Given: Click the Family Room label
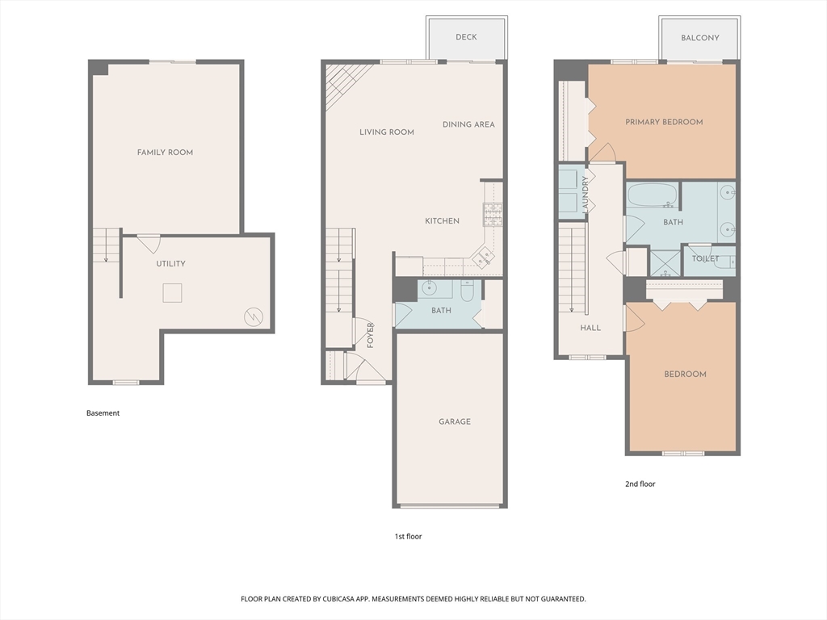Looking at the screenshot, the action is (165, 153).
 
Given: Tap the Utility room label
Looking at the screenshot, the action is (170, 264).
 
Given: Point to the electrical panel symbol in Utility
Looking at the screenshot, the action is (253, 316).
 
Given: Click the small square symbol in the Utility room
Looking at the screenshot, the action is (172, 292).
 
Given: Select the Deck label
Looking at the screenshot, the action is (466, 37).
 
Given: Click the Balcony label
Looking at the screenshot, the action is (700, 38).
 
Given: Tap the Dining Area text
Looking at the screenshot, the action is (468, 124).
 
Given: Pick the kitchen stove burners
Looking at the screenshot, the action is (493, 215).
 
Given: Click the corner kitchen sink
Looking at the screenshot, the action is (484, 258).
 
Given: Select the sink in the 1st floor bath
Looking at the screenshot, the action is (429, 289).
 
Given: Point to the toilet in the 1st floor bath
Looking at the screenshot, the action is (468, 291).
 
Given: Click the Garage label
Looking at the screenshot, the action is (455, 421).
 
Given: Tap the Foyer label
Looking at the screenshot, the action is (370, 335).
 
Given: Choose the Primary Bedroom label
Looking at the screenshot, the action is (664, 123).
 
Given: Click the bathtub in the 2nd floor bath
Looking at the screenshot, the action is (653, 196).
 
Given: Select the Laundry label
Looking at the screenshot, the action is (586, 195).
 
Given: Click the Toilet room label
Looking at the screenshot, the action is (705, 259).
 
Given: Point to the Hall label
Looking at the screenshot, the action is (590, 328).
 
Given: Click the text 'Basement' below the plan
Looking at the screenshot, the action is (103, 413).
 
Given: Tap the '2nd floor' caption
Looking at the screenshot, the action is (640, 484).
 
